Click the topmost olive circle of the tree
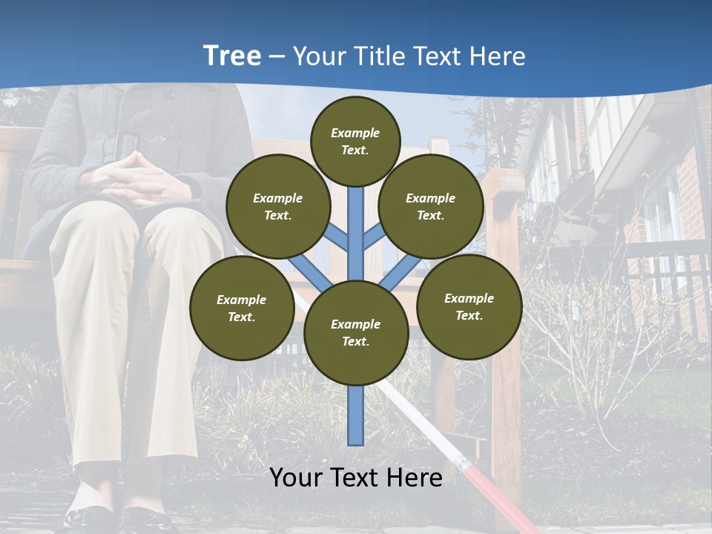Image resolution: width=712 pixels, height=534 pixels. click(355, 141)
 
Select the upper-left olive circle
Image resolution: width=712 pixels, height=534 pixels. click(278, 207)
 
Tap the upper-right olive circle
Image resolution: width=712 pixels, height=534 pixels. click(430, 207)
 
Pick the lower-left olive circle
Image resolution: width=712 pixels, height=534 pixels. click(241, 308)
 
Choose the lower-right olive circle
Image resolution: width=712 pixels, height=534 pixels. click(469, 306)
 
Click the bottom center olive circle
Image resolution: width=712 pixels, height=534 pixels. click(355, 333)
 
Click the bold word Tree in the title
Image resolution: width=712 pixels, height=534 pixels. click(232, 56)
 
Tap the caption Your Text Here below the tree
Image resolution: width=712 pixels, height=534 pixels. click(355, 478)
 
